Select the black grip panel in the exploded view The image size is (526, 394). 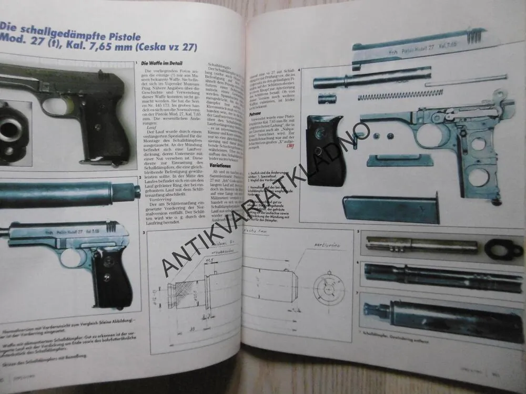(325, 149)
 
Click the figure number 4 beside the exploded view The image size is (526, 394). (299, 70)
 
